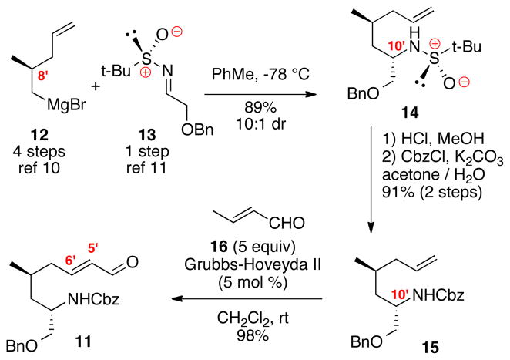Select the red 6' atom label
[x=71, y=243]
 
